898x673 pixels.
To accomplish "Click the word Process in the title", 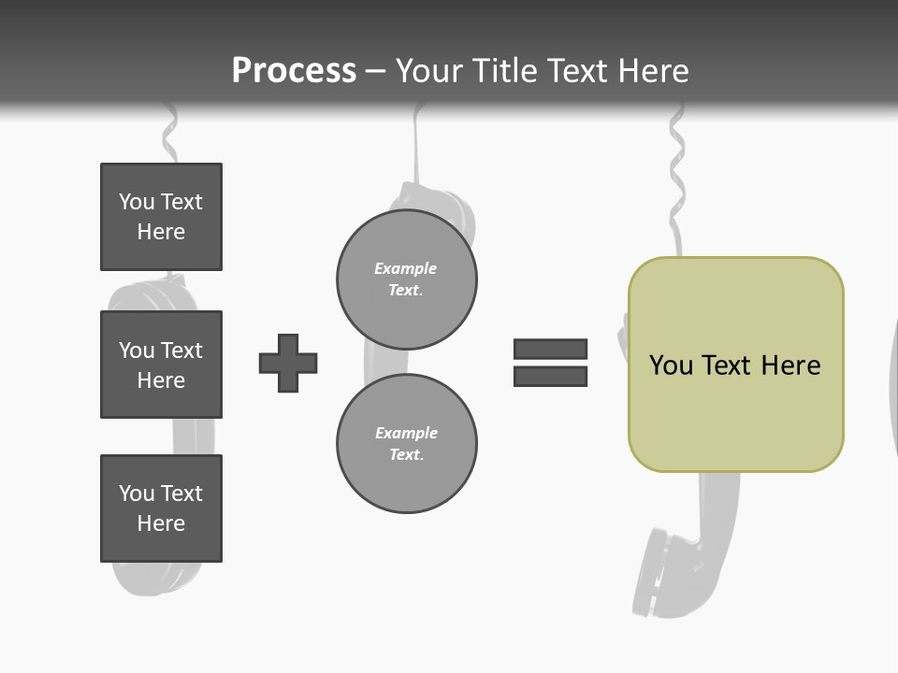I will [x=294, y=71].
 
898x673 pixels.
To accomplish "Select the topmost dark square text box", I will [x=161, y=217].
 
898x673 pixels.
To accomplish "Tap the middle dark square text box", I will [x=161, y=365].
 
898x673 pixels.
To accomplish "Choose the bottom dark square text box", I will [x=161, y=508].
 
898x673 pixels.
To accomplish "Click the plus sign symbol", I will [x=288, y=363].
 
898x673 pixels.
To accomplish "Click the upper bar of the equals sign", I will [x=550, y=349].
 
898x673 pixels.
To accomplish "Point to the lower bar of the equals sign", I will [x=550, y=376].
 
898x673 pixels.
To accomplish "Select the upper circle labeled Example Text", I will [x=406, y=279].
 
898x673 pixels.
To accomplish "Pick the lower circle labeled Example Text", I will [x=406, y=443].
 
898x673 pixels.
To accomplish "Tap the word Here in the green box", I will [x=790, y=365].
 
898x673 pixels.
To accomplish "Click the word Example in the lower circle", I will [x=406, y=433].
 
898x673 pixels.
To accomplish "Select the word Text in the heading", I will [x=578, y=71].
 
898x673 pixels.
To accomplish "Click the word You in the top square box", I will [x=136, y=202].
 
